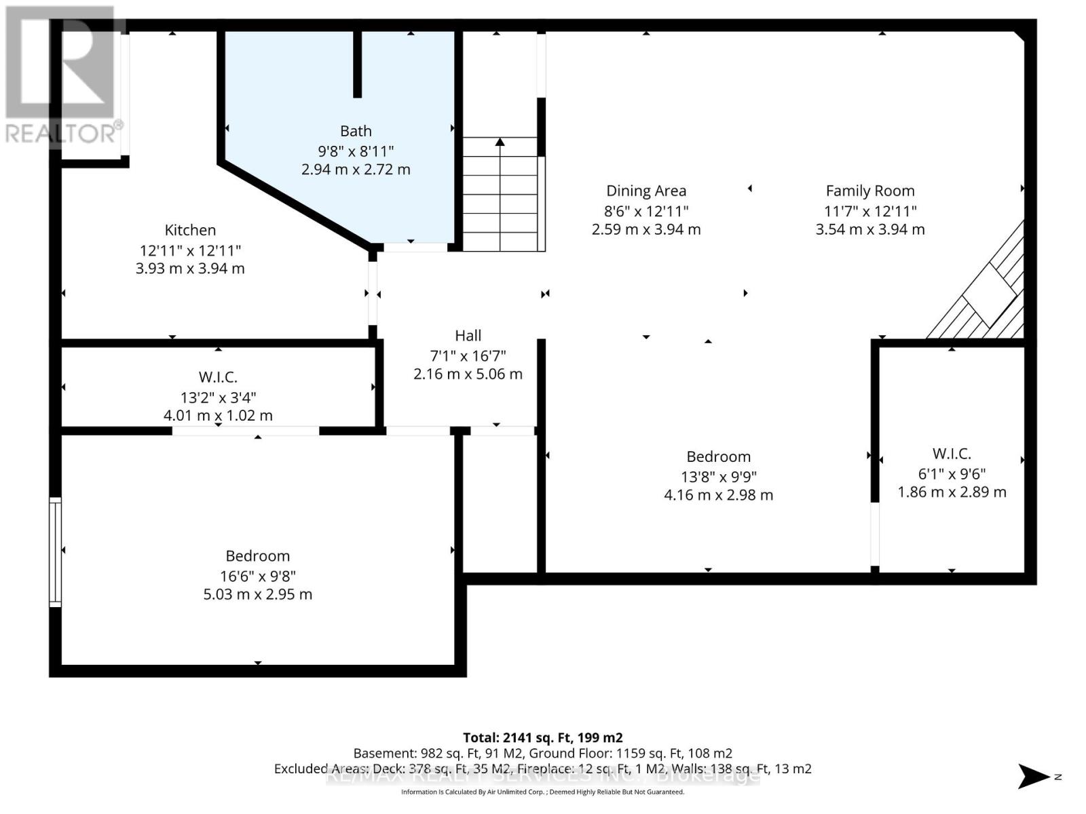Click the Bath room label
point(356,131)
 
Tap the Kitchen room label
point(190,230)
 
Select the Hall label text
point(468,336)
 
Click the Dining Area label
point(645,191)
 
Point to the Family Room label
point(869,191)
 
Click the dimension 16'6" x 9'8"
point(258,576)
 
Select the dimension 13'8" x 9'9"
point(718,477)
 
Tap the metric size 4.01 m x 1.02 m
point(218,415)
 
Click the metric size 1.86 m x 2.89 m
point(952,492)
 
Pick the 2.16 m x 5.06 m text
point(468,374)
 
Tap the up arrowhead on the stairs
point(500,142)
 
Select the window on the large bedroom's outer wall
point(55,551)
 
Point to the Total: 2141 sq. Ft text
point(542,737)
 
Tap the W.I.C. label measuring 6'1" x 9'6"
point(952,454)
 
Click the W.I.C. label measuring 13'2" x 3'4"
point(218,377)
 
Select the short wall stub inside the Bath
point(357,64)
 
